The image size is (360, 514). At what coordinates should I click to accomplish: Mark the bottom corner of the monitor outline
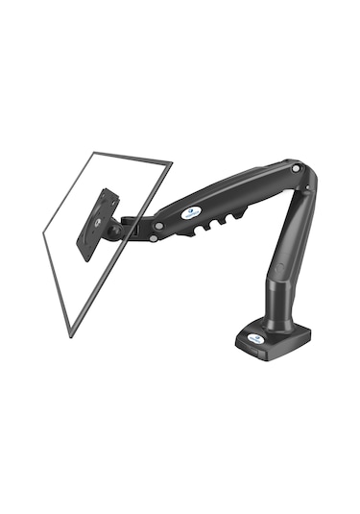(x=69, y=335)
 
